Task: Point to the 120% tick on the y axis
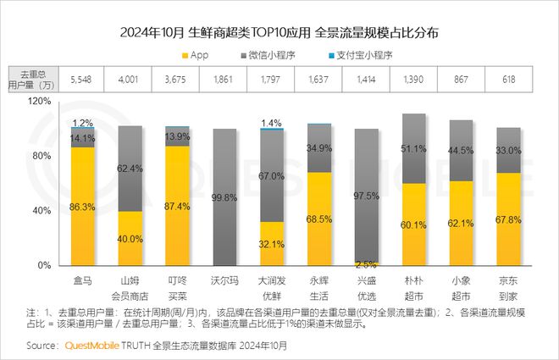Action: [x=40, y=101]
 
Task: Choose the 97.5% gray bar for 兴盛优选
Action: [x=366, y=195]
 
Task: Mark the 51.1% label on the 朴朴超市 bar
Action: [x=413, y=149]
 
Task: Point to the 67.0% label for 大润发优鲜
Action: [x=272, y=176]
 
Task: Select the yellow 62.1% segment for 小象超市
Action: [x=461, y=222]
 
